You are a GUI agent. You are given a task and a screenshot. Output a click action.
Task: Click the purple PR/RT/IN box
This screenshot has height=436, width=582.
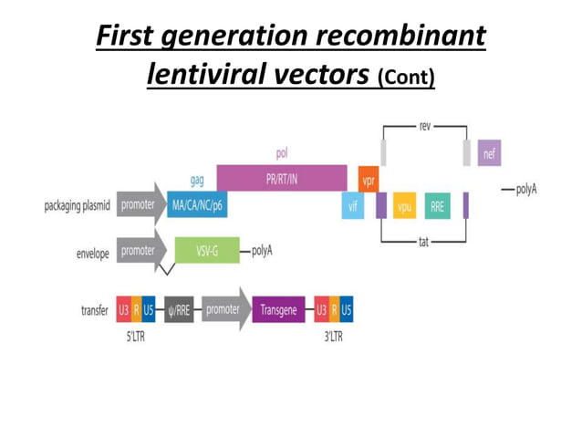(x=281, y=178)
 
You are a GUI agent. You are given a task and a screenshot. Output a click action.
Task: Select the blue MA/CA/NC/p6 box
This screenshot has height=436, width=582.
(x=197, y=205)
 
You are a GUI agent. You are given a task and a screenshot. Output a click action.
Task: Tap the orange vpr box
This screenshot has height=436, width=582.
(x=369, y=180)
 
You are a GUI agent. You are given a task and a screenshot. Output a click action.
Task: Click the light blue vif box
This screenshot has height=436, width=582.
(x=352, y=206)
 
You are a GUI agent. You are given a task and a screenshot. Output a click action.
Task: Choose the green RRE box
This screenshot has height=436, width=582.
(x=438, y=206)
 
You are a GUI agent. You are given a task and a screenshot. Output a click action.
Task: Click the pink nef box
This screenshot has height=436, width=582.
(x=489, y=152)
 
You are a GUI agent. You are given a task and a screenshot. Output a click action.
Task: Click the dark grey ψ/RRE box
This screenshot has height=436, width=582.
(x=179, y=309)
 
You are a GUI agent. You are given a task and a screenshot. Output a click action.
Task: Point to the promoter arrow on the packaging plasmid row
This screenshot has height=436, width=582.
(x=140, y=205)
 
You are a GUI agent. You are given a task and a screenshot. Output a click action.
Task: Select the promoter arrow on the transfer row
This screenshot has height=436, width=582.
(x=224, y=309)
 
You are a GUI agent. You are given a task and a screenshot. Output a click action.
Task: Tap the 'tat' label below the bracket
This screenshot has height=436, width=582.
(x=423, y=244)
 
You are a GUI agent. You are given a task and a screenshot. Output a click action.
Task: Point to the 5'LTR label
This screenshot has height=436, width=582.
(x=135, y=335)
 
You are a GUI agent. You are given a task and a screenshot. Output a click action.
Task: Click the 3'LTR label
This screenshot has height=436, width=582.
(x=335, y=335)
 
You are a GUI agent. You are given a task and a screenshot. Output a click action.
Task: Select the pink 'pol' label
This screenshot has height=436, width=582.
(x=282, y=153)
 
